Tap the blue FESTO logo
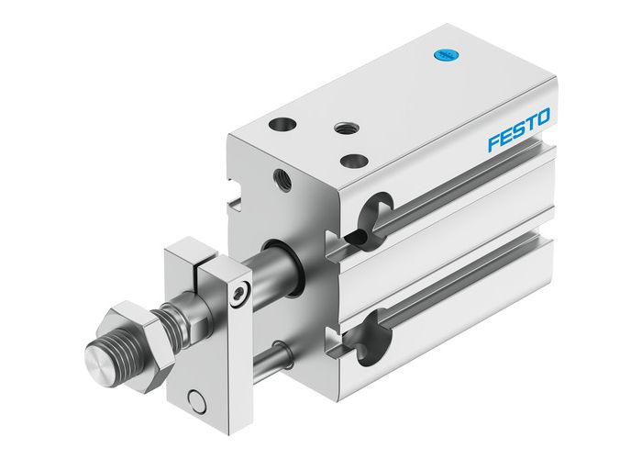tap(518, 131)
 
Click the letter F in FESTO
tap(493, 144)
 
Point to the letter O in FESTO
tap(543, 118)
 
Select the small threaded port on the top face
tap(347, 129)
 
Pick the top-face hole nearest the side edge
tap(353, 161)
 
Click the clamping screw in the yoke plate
tap(238, 294)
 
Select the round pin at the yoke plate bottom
tap(194, 399)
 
